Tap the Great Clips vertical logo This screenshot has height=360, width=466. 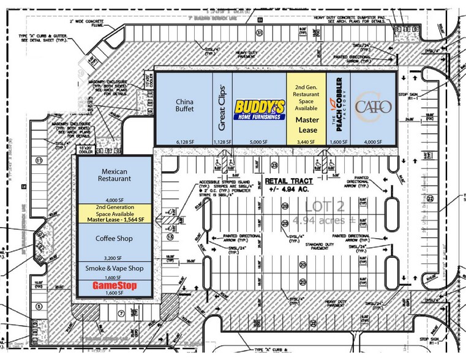click(x=223, y=108)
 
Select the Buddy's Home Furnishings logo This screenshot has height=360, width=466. click(x=260, y=110)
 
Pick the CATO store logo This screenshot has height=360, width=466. click(x=373, y=108)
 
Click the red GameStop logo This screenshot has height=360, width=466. click(x=115, y=286)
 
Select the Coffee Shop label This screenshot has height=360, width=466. click(x=114, y=238)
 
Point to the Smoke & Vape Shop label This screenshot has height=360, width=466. click(x=114, y=268)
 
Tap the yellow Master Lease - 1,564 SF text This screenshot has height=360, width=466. click(x=115, y=219)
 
